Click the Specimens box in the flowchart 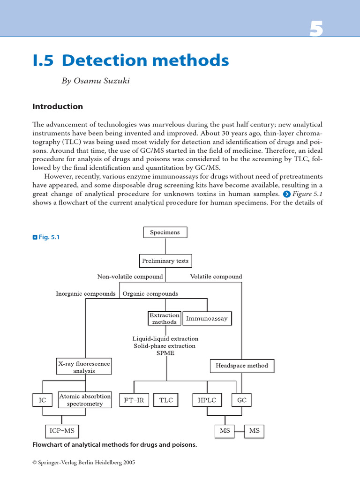[x=165, y=232]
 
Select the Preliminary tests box [x=166, y=261]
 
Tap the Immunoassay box [x=207, y=319]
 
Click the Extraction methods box [x=165, y=319]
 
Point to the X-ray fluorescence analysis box [x=84, y=367]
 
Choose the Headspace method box [x=242, y=366]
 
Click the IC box [x=43, y=401]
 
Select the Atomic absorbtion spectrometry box [x=85, y=400]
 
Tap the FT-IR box [x=134, y=400]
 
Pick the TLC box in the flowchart [x=166, y=400]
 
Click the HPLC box [x=207, y=400]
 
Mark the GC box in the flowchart [x=242, y=400]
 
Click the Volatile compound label [x=216, y=277]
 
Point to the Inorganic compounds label [x=86, y=294]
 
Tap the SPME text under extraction [x=165, y=353]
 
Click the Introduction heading [x=58, y=106]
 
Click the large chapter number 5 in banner [x=316, y=30]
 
